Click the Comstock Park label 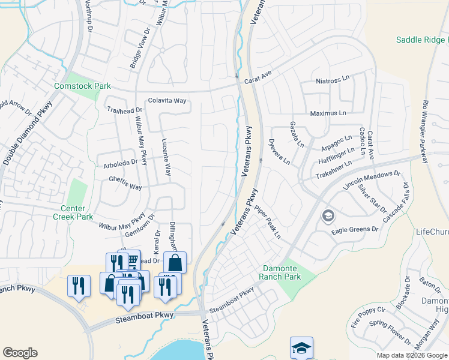[82, 86]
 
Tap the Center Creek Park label [76, 212]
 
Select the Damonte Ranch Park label [280, 272]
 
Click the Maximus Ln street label [328, 113]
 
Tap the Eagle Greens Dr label [355, 229]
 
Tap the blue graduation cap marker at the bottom [301, 348]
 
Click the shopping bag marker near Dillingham [175, 263]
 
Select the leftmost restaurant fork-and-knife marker [79, 286]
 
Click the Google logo [20, 353]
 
